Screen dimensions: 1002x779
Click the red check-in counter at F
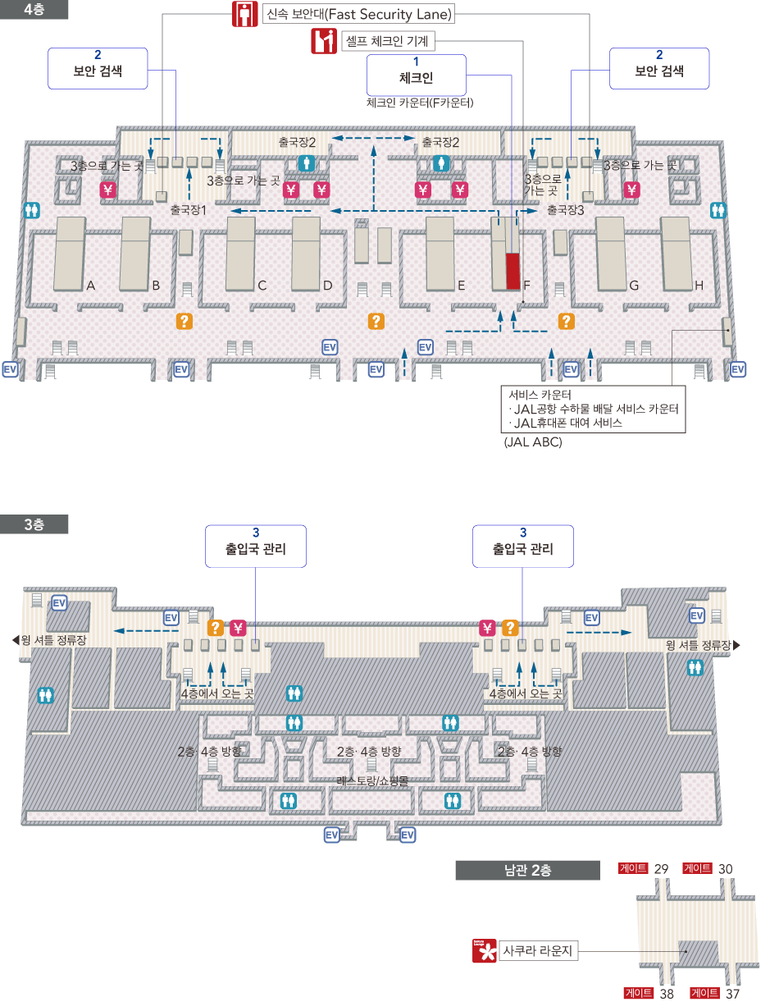tap(513, 271)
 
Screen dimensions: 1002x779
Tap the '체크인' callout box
tap(416, 75)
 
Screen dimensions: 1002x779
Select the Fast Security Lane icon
tap(244, 15)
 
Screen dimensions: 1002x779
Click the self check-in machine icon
tap(324, 40)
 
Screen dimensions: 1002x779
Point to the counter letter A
tap(91, 286)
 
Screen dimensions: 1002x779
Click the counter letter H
tap(699, 286)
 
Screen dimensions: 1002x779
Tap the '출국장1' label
tap(188, 210)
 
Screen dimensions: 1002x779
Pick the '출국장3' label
tap(566, 210)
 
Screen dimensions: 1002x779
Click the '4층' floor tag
tap(34, 8)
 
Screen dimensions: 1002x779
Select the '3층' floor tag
tap(34, 524)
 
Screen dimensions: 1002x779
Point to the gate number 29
tap(662, 869)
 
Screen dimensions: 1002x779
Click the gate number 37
tap(732, 994)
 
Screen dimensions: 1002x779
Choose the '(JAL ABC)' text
tap(533, 442)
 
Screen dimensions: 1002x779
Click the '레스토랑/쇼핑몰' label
tap(372, 780)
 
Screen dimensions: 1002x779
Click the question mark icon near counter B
tap(185, 321)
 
